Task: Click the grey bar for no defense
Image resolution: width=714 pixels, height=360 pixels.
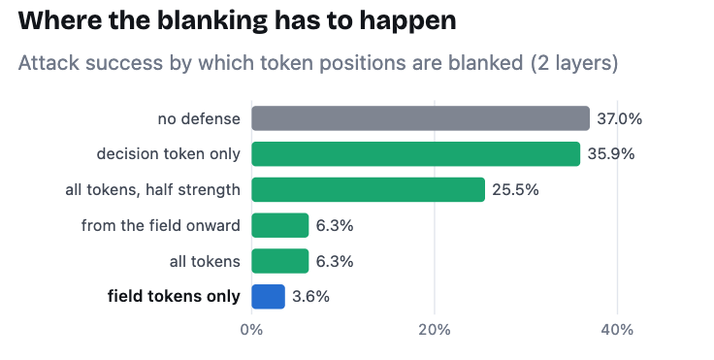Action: pos(420,118)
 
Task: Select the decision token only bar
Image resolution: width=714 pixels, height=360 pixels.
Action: pos(416,154)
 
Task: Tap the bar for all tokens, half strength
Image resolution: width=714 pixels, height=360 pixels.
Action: pos(368,189)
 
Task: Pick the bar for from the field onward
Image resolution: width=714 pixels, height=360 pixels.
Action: pos(280,225)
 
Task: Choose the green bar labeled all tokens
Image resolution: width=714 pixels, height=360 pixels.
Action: pos(280,261)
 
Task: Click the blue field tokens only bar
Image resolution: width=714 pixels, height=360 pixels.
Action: pos(268,297)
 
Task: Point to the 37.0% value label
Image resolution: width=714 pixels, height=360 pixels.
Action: pos(619,119)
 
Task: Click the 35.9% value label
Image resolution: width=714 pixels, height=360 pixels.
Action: pos(610,154)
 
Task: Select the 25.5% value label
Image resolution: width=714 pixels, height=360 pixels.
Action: pos(515,189)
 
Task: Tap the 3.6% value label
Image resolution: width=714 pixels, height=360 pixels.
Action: pos(310,297)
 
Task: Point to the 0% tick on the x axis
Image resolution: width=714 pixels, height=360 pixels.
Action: pos(252,330)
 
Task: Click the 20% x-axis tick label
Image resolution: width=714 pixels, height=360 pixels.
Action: pos(435,330)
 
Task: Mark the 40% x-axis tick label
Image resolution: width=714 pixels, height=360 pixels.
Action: pos(617,330)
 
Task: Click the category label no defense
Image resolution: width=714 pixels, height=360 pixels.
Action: pos(199,119)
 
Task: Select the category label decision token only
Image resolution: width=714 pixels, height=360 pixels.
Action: pos(169,154)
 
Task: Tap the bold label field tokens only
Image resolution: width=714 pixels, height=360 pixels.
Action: pos(174,297)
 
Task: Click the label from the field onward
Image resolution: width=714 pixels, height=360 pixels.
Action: pos(161,225)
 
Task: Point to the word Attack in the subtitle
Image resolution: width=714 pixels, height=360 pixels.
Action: pos(49,62)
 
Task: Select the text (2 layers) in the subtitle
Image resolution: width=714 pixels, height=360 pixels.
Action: pos(573,63)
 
